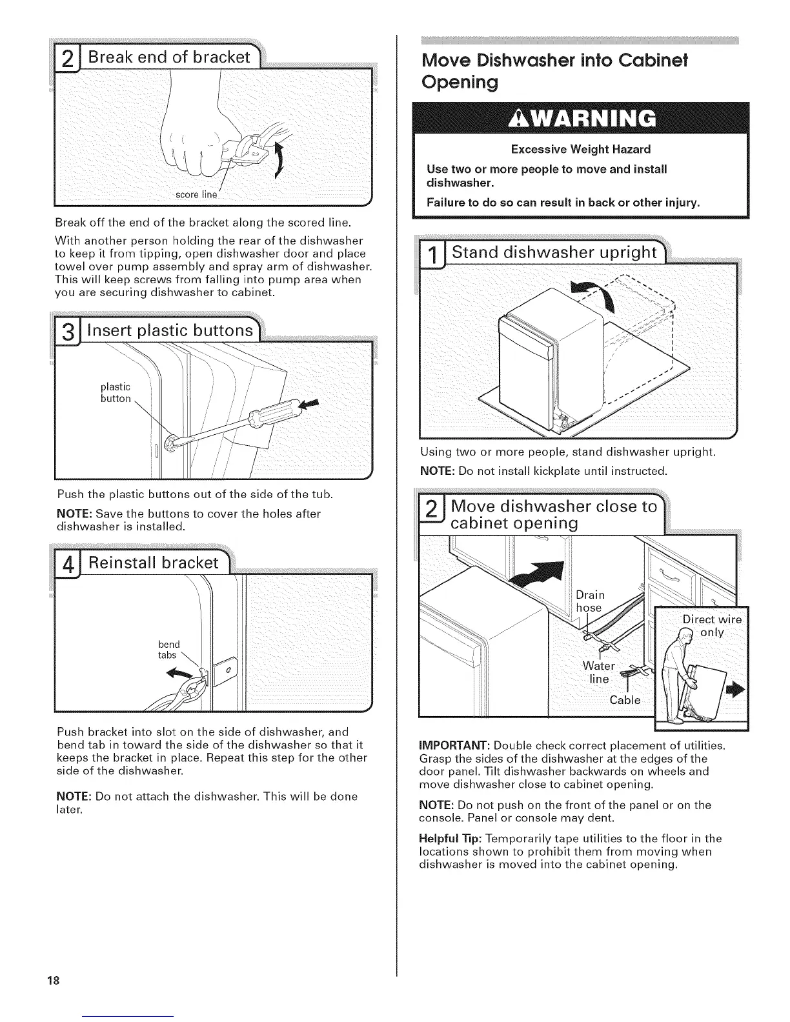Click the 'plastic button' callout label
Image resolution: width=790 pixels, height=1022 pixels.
pos(116,392)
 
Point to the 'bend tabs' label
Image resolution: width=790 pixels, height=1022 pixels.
pos(169,650)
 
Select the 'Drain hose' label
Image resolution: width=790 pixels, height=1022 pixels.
pos(590,601)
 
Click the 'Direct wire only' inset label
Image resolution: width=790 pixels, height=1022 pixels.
pos(712,626)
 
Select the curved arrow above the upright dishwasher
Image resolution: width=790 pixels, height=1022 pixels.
pos(591,296)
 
